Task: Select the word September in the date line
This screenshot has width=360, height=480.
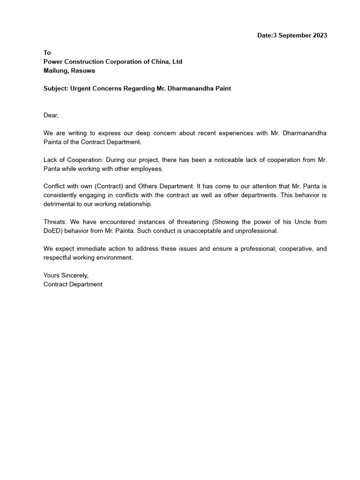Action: [294, 35]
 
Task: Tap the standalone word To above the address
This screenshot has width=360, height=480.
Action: [47, 53]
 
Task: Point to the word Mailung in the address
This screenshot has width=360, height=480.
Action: [55, 71]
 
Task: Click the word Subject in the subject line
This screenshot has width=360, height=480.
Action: [55, 89]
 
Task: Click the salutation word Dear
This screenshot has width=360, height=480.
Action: [51, 115]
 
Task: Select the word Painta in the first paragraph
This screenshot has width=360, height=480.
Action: [52, 142]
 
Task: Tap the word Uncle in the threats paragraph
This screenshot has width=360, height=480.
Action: [291, 222]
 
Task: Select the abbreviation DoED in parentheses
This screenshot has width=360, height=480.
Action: [52, 231]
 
